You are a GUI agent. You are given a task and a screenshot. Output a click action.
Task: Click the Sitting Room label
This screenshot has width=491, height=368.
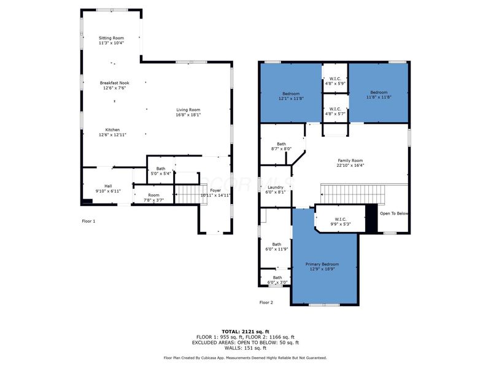112,38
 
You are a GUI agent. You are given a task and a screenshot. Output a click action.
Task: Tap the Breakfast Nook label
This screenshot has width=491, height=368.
115,83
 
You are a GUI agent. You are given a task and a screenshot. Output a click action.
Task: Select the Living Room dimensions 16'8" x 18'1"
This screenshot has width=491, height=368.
188,115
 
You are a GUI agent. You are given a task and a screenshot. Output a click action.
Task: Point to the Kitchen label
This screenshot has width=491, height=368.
112,130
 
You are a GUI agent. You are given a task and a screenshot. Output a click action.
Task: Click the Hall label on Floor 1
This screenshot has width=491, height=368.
108,186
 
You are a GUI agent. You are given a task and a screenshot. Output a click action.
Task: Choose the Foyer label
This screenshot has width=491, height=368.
215,190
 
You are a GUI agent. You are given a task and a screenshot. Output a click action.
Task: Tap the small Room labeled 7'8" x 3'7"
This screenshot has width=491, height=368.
153,195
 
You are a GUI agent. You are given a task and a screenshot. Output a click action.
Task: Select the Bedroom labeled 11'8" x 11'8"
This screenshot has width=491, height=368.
379,93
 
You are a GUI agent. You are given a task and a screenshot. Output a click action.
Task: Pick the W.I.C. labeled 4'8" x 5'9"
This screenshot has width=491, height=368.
335,78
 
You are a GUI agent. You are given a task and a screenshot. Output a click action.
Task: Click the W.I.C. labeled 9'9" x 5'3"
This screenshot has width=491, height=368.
341,219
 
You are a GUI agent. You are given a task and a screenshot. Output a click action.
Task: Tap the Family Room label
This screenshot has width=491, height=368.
350,160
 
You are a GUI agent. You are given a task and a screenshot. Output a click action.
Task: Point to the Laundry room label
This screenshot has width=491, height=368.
275,187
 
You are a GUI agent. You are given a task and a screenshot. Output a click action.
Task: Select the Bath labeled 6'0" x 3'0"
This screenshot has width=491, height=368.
277,278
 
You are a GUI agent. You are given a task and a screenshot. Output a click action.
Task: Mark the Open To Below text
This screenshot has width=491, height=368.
394,213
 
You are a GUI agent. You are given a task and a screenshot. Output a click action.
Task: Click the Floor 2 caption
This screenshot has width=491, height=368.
266,302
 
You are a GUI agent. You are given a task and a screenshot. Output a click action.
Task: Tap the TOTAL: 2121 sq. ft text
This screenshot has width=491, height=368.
245,331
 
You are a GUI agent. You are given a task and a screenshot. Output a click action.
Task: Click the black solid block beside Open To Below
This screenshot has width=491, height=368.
371,218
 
